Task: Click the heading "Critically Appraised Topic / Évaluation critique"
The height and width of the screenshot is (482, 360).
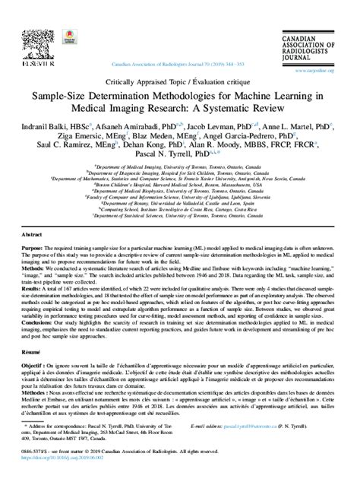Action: [180, 82]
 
